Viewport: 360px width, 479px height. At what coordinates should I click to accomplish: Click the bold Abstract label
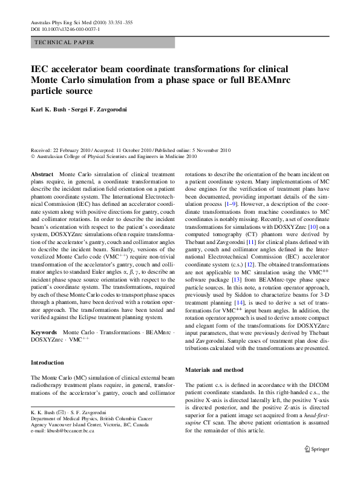tap(42, 174)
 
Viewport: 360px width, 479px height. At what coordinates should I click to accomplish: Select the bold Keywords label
tap(44, 332)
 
